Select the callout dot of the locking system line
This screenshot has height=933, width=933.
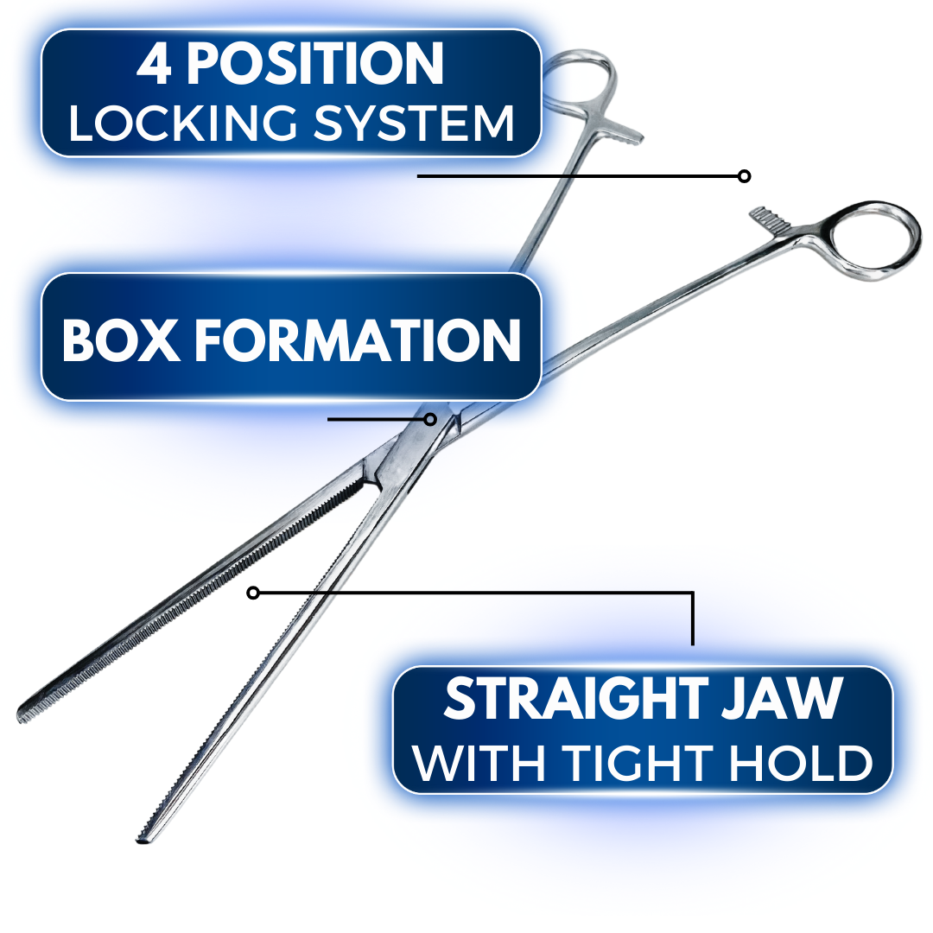point(744,176)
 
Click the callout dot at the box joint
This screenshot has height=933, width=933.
point(430,419)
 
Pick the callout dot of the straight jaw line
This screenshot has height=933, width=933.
point(253,593)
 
